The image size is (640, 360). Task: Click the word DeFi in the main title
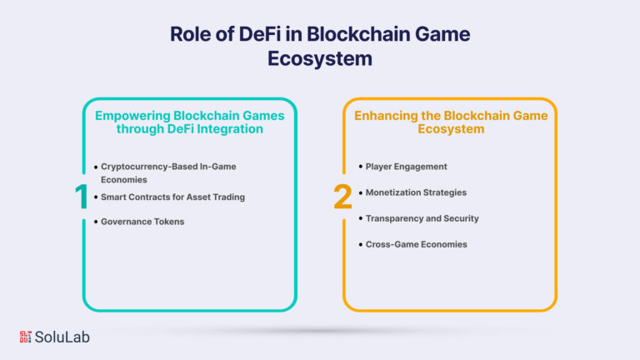click(260, 34)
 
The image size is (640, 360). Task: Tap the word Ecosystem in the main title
click(320, 58)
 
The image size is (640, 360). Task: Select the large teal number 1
click(82, 197)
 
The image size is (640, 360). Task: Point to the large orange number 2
click(342, 197)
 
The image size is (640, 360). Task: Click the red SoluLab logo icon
click(25, 337)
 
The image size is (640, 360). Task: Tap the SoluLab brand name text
click(62, 337)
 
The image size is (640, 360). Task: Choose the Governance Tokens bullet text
click(142, 222)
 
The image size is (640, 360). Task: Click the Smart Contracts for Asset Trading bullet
click(172, 197)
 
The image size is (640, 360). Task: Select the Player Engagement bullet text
click(406, 167)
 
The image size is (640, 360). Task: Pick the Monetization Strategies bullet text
click(416, 192)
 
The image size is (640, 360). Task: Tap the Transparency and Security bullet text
click(422, 218)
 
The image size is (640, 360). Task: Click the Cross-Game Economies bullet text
click(417, 244)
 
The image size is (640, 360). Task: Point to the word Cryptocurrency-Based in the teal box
click(149, 167)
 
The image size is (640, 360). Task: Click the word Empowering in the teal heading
click(132, 116)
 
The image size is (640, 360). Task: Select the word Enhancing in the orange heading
click(386, 116)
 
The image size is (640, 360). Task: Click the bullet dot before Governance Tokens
click(96, 222)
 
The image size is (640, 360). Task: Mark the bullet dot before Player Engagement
click(360, 167)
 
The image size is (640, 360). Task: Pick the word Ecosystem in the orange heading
click(451, 129)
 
